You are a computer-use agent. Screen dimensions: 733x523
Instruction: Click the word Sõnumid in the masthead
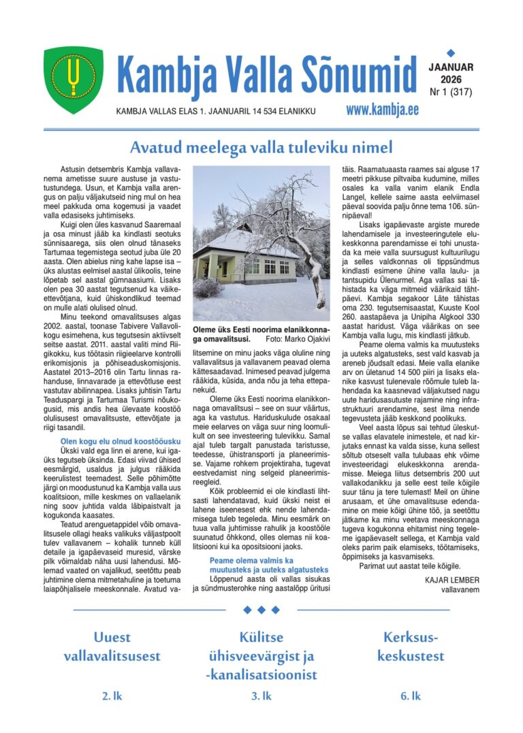360,75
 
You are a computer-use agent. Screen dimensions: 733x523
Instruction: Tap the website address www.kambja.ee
381,110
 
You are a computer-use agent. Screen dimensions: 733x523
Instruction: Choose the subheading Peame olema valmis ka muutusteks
269,565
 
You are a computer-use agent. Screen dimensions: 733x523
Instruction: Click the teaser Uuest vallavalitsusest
112,647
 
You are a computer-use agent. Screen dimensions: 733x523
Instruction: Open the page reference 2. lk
112,696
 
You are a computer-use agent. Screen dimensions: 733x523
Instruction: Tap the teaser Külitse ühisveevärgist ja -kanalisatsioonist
261,656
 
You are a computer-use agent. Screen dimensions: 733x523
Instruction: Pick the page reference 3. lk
261,696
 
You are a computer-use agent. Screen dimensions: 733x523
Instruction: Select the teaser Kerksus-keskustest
411,647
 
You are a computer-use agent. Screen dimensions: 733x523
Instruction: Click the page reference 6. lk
411,696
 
